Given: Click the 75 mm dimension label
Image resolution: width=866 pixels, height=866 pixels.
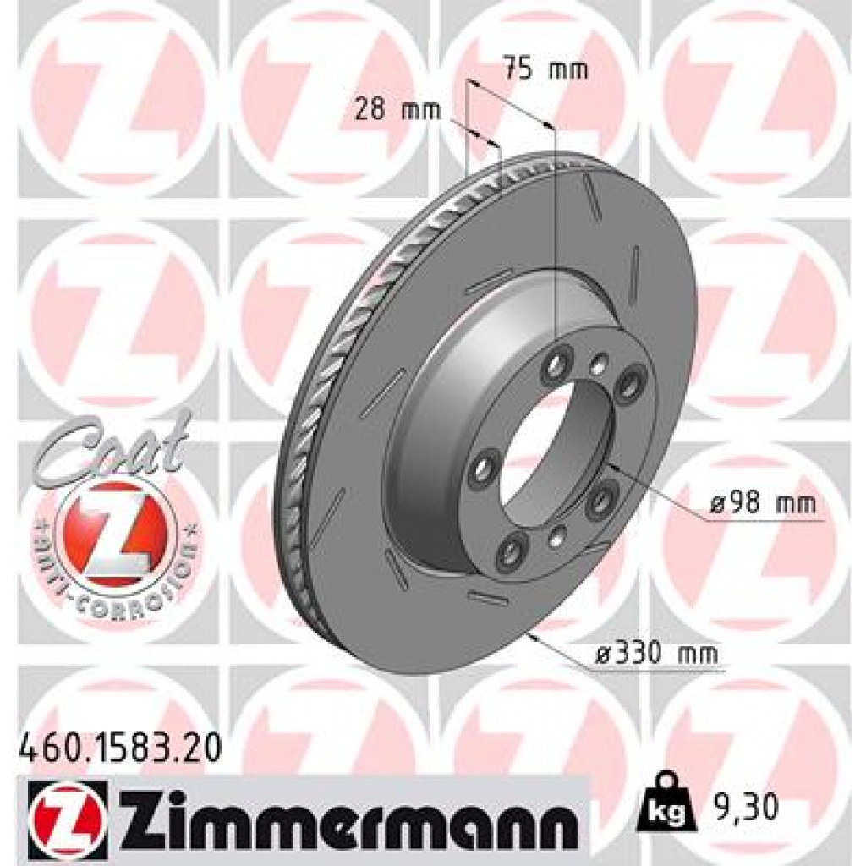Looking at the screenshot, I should point(545,69).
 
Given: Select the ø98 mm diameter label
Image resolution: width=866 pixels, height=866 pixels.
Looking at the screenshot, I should point(763,505).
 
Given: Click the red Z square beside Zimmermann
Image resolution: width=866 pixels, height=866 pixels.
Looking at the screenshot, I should point(68,816).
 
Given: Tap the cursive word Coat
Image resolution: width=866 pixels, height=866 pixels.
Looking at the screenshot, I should point(110,449).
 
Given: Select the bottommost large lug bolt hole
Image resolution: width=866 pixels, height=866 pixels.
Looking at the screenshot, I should point(512,551).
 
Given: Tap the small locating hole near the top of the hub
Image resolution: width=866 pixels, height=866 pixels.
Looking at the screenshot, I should point(599,364).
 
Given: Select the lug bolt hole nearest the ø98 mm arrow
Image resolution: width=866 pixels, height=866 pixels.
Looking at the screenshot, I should point(601,501).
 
